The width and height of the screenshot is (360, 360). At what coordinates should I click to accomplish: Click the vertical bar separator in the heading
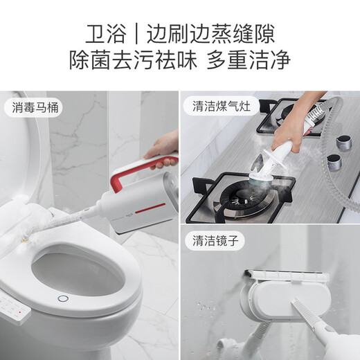click(x=136, y=33)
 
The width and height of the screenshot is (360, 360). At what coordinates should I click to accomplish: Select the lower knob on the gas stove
click(x=334, y=163)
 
